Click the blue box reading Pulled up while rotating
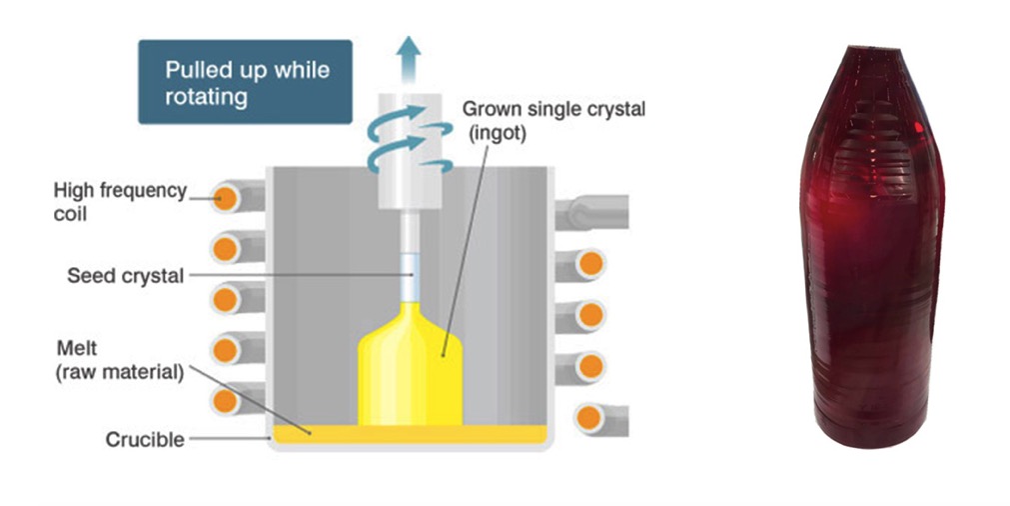(246, 82)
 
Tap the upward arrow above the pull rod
(409, 59)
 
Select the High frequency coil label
(120, 201)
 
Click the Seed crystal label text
(126, 276)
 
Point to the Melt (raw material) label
(120, 360)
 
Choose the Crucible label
(145, 440)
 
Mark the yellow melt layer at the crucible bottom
(411, 434)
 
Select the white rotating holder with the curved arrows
(409, 151)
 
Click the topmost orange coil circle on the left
(226, 198)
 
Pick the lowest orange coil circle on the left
(226, 401)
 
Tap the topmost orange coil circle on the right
(590, 263)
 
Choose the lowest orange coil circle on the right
(589, 418)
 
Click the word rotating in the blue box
(206, 97)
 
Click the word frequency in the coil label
(142, 191)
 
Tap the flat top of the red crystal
(872, 48)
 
